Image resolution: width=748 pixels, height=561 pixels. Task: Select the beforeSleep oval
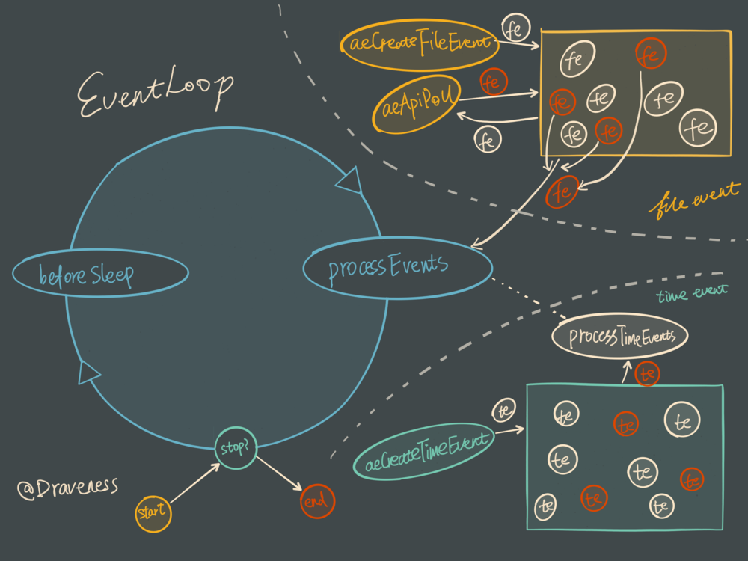(100, 274)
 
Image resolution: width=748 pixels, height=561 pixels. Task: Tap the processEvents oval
(397, 267)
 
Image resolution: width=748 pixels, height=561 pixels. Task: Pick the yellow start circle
(153, 513)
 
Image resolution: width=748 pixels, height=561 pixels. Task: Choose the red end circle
(317, 501)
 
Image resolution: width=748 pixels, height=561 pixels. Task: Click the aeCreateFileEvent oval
(419, 43)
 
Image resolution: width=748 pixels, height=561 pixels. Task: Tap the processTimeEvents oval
(619, 337)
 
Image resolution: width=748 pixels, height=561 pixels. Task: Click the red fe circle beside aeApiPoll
(491, 82)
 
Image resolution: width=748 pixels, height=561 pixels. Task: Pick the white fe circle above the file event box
(515, 28)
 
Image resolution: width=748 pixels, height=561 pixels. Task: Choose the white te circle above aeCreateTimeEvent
(503, 409)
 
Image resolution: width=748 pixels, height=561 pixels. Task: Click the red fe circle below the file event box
(562, 192)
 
